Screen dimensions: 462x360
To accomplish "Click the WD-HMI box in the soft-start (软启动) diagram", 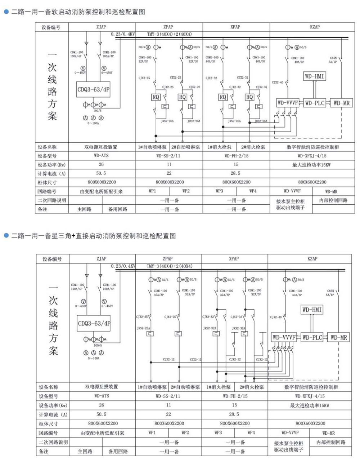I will [315, 76].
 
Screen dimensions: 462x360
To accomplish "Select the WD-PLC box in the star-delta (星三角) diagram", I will [312, 338].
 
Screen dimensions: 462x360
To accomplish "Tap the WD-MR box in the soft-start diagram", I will [342, 103].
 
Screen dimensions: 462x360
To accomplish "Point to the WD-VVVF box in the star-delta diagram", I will [284, 338].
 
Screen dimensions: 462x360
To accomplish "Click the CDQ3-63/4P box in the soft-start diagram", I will [94, 90].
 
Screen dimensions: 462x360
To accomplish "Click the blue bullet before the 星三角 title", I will [6, 236].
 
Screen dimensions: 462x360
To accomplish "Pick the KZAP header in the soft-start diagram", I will [315, 27].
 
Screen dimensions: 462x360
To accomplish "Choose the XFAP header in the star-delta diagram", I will [234, 259].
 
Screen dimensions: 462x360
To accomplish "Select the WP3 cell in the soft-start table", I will [219, 191].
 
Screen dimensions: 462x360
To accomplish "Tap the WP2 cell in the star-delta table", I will [185, 433].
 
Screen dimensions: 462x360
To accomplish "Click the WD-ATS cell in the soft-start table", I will [101, 156].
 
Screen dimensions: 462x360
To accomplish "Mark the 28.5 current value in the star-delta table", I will [234, 414].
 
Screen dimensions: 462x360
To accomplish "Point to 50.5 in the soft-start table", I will [101, 173].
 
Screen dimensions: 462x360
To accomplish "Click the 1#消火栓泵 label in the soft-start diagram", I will [219, 147].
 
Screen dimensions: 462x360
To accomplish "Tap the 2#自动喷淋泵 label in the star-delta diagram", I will [185, 387].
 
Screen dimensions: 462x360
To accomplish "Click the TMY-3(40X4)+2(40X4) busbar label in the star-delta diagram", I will [170, 266].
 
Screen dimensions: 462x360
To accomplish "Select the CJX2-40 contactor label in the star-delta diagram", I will [276, 317].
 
